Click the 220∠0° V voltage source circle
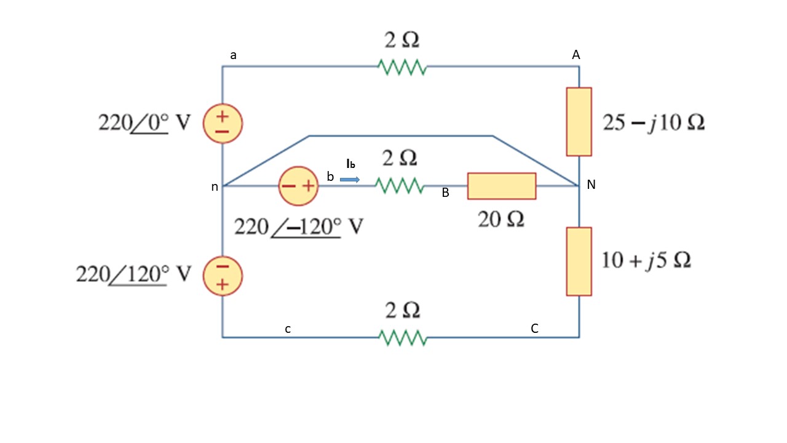pos(223,123)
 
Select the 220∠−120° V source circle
pos(298,185)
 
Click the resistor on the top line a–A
pos(402,67)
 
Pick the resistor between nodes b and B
pos(399,185)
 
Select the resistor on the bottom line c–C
pos(402,338)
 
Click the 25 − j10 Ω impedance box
pos(579,121)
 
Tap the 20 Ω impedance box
pos(501,186)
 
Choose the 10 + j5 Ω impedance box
pos(579,261)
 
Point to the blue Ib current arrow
pos(350,180)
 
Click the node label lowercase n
pos(215,187)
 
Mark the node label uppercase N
pos(591,185)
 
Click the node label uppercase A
pos(576,55)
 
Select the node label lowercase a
pos(233,55)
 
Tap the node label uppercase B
pos(445,193)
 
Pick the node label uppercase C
pos(534,329)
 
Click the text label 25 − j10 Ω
pos(654,123)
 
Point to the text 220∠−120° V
pos(299,227)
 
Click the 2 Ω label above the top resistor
pos(402,41)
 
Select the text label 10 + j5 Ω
pos(646,260)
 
